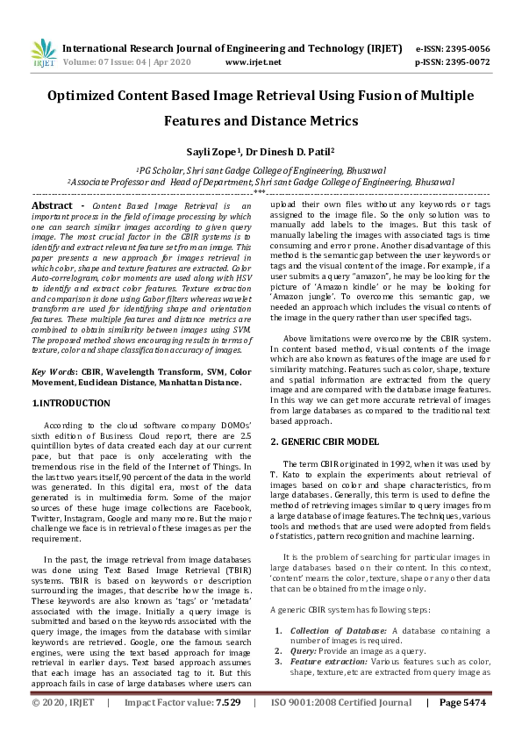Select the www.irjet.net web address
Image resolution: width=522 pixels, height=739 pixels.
(x=253, y=62)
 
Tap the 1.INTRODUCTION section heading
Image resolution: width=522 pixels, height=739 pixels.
(x=72, y=403)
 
